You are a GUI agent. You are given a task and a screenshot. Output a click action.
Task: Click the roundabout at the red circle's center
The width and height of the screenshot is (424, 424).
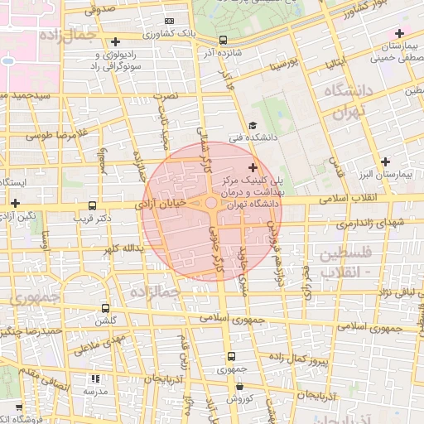[212, 203]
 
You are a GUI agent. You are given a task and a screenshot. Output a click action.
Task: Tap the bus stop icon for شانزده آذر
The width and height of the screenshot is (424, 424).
[222, 39]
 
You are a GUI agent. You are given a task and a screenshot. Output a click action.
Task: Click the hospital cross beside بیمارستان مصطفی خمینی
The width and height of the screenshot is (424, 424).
[399, 33]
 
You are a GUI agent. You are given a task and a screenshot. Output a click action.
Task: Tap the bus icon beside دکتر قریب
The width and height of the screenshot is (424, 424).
[91, 205]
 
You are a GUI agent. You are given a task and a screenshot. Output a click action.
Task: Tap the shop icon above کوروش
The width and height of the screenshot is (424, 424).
[239, 385]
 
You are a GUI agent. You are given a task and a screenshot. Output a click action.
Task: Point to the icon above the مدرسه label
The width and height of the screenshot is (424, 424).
[93, 378]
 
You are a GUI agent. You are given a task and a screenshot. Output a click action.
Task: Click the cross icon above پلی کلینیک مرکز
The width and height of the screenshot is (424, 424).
[252, 168]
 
